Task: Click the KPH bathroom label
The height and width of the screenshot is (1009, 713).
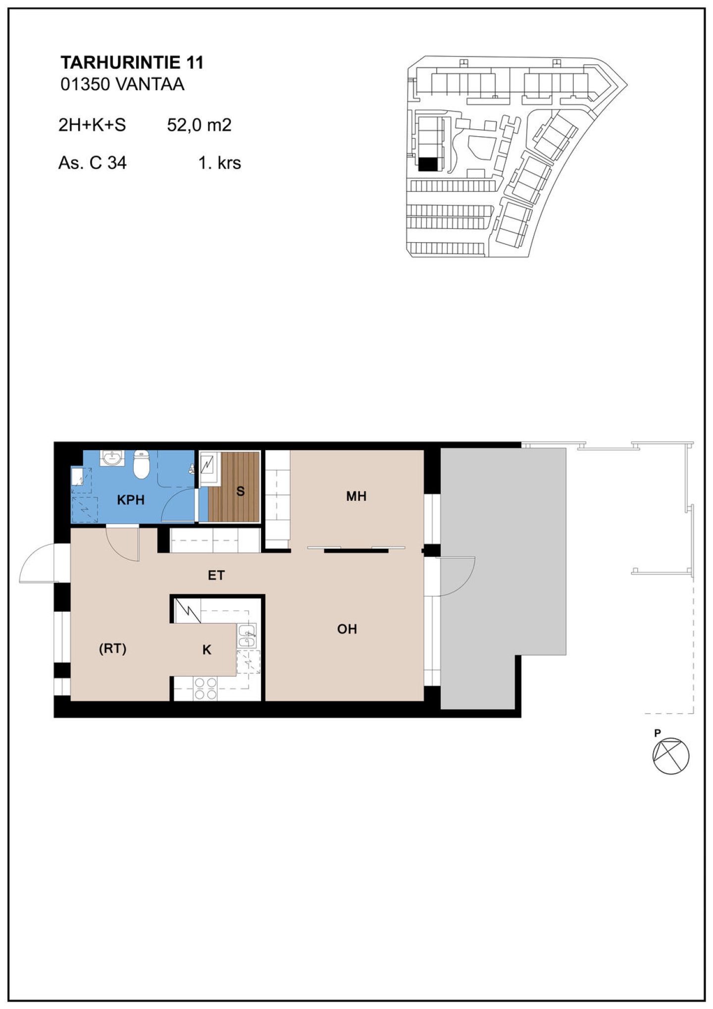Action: click(x=131, y=500)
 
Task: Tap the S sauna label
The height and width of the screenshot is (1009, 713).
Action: click(x=241, y=491)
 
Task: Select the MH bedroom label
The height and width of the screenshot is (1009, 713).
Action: click(x=356, y=496)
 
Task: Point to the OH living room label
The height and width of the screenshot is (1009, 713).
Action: click(x=347, y=629)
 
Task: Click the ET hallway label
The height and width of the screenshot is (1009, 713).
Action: click(x=216, y=575)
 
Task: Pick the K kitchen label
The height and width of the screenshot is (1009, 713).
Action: click(x=207, y=650)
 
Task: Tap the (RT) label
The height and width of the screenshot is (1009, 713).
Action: click(x=113, y=648)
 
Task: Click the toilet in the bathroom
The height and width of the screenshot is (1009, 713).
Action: click(x=142, y=464)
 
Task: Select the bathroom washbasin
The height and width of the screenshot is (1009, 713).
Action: click(x=112, y=458)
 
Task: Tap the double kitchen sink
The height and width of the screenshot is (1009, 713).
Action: click(x=246, y=636)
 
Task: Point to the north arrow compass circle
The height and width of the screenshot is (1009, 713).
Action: click(x=671, y=755)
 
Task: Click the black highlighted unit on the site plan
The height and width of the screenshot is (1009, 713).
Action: click(x=429, y=165)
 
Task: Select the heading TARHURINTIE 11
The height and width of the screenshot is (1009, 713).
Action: click(x=132, y=62)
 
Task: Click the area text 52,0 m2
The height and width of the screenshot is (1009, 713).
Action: click(x=199, y=125)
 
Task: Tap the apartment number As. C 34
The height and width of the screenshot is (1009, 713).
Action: click(x=93, y=162)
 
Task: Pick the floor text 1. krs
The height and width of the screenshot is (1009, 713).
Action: click(x=220, y=162)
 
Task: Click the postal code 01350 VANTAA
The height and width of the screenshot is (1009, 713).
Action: click(x=122, y=84)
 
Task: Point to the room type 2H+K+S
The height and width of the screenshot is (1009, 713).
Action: click(x=92, y=125)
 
